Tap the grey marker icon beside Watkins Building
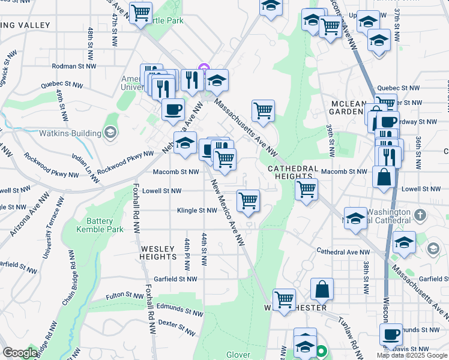[110, 132]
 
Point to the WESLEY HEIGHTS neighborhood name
[158, 252]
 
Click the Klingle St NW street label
[196, 211]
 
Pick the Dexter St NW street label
[176, 328]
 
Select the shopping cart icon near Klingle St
[248, 201]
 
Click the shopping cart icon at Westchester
[284, 299]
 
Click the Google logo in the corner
[20, 353]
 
